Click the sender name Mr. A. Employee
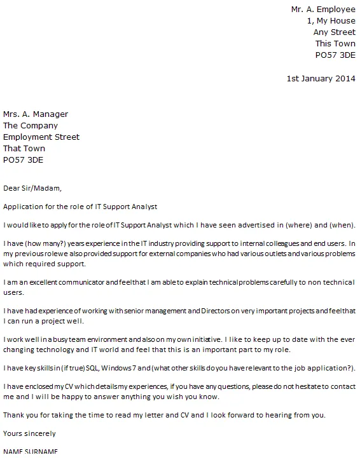tap(323, 10)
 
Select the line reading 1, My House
tap(331, 21)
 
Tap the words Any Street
tap(334, 32)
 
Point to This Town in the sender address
tap(335, 44)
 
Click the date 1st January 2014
tap(321, 79)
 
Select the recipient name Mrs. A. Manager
tap(36, 114)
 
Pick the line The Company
tap(31, 126)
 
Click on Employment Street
tap(41, 137)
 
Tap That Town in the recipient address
tap(24, 149)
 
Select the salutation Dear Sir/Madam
tap(33, 188)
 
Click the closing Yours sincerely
tap(29, 434)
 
